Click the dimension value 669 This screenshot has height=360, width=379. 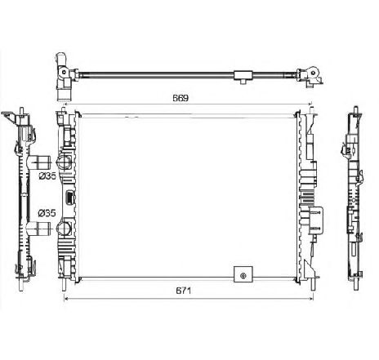pos(181,97)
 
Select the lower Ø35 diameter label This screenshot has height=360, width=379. pos(47,213)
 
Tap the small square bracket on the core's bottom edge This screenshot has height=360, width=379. pos(242,274)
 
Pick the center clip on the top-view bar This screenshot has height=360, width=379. pos(244,76)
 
